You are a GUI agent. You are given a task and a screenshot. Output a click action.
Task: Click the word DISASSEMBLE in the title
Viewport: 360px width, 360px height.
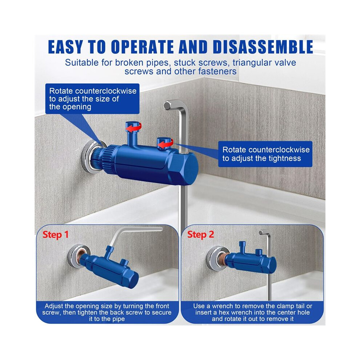click(x=263, y=47)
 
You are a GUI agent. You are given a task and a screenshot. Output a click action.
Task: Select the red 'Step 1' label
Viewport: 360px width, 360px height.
click(x=56, y=235)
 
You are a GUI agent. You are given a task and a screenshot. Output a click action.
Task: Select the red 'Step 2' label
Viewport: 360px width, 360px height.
click(x=200, y=235)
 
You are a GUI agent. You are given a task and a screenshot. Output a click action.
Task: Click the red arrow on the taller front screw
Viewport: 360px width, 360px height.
click(x=134, y=127)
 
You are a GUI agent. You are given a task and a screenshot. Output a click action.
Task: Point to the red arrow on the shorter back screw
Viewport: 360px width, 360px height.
click(x=165, y=144)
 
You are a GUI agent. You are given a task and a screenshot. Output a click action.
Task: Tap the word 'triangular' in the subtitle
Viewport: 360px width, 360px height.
click(x=251, y=63)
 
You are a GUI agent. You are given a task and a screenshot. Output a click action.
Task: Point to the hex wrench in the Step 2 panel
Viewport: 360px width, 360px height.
click(x=269, y=264)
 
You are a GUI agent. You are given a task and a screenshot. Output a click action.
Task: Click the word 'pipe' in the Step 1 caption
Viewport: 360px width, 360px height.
click(x=118, y=319)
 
